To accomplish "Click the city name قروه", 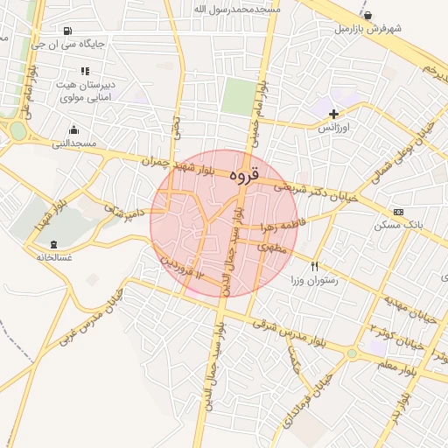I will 244,175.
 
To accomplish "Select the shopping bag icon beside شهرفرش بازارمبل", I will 367,15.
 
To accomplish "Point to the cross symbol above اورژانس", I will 333,114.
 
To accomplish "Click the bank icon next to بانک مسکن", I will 399,212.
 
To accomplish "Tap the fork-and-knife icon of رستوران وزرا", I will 314,266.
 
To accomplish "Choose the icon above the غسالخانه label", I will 54,244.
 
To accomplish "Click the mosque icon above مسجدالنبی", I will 73,129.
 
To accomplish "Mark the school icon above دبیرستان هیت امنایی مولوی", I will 85,72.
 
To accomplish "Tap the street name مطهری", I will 266,248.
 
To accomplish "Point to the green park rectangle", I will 235,96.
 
